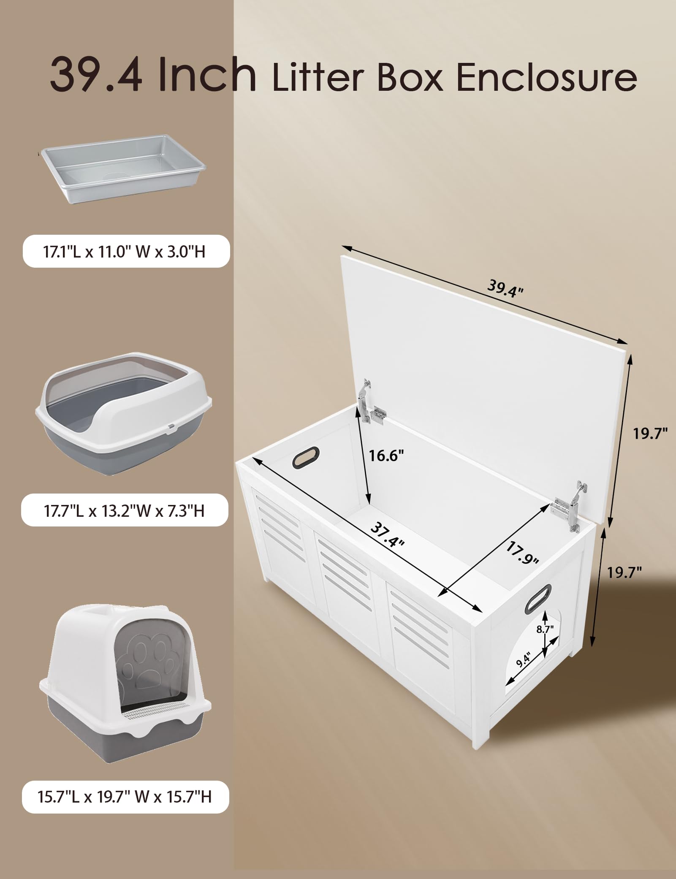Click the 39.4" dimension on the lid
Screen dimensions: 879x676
pyautogui.click(x=505, y=288)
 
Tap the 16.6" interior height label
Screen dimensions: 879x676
pyautogui.click(x=386, y=456)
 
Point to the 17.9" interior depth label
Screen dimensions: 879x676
pyautogui.click(x=522, y=553)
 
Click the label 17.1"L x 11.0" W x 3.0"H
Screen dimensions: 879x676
pyautogui.click(x=125, y=252)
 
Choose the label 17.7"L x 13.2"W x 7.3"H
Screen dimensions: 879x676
pyautogui.click(x=125, y=510)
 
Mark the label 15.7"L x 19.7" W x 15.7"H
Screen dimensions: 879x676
pyautogui.click(x=125, y=797)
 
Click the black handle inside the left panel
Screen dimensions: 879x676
pyautogui.click(x=307, y=457)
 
